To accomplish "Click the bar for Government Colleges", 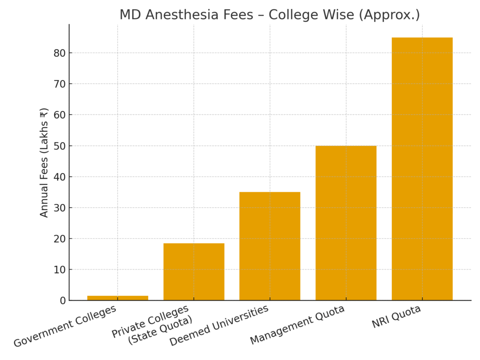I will click(x=118, y=298).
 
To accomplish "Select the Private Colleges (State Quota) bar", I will click(x=194, y=271).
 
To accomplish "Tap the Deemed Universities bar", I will click(x=270, y=246).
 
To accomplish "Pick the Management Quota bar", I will click(x=346, y=223).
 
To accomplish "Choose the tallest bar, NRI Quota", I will click(x=422, y=169).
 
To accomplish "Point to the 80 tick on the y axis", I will click(x=60, y=53).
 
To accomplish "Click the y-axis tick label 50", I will click(x=60, y=146).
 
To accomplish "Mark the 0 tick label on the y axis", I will click(x=62, y=300).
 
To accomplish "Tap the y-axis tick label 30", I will click(x=60, y=208).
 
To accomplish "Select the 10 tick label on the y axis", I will click(x=60, y=270).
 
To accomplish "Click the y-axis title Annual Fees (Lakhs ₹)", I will click(x=44, y=163).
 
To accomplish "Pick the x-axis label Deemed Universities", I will click(x=219, y=325).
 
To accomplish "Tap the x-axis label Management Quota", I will click(x=297, y=324).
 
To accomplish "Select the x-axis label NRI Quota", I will click(x=396, y=316).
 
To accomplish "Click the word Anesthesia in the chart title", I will click(x=182, y=15).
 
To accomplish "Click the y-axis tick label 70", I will click(x=60, y=84).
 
